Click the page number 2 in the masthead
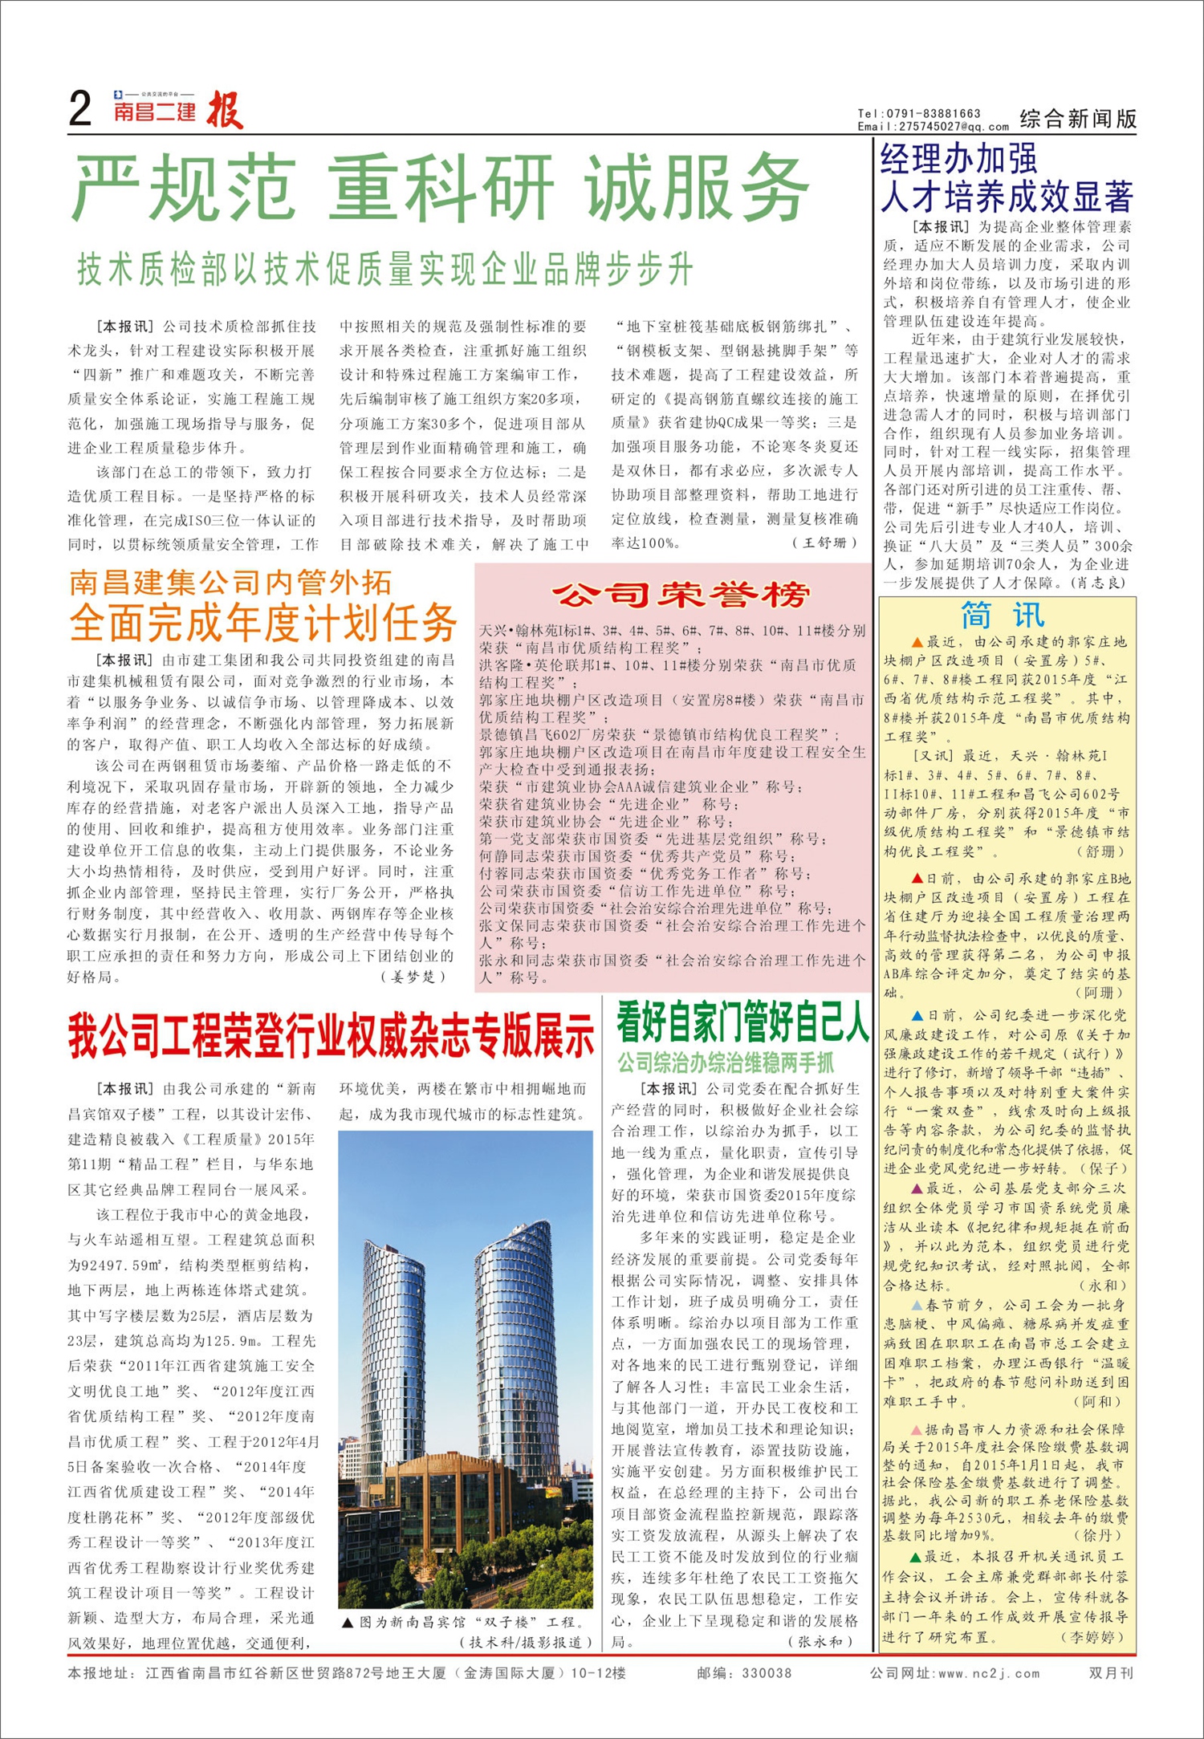point(80,109)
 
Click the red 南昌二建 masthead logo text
point(155,112)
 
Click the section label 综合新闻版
point(1078,119)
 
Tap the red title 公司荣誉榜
point(681,595)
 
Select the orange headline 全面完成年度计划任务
point(262,623)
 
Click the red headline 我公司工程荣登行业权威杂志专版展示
point(331,1035)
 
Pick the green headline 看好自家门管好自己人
point(742,1022)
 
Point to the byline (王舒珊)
point(825,542)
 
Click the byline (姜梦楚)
point(413,977)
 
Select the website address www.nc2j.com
point(988,1673)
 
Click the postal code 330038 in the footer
point(766,1673)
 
